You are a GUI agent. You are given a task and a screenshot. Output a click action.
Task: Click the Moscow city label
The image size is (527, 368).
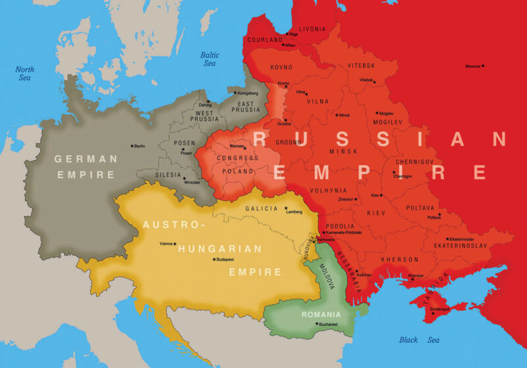tap(472, 66)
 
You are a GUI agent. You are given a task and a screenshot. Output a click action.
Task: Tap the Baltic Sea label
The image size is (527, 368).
tap(209, 59)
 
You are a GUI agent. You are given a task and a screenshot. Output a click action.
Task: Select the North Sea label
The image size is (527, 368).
tap(24, 73)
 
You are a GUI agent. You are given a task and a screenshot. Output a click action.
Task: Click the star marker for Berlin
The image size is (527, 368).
tap(132, 145)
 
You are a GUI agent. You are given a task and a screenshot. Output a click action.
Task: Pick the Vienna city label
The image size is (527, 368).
tap(165, 244)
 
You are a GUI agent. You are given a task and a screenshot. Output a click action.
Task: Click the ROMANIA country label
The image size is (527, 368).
tap(321, 314)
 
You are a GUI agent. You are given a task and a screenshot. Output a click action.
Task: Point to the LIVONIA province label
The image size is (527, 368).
tap(312, 30)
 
